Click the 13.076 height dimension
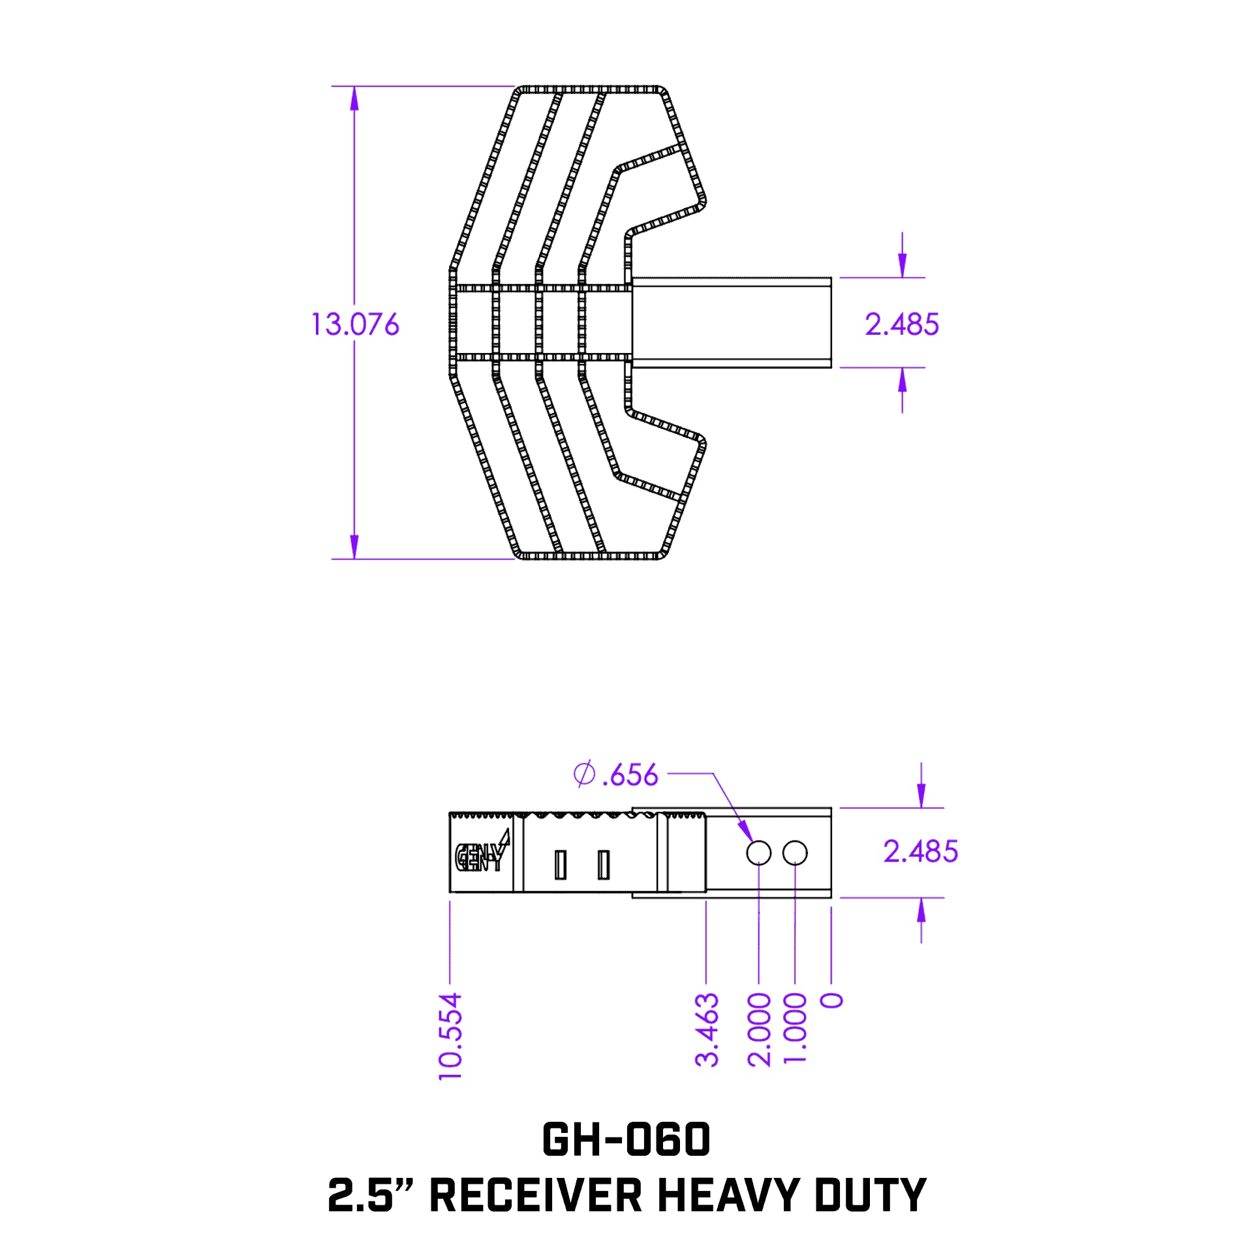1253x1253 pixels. click(x=355, y=324)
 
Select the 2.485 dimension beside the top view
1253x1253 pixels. click(x=901, y=324)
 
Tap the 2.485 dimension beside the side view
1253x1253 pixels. click(x=920, y=852)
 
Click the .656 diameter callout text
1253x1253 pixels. click(x=630, y=775)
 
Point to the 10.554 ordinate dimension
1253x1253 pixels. click(x=450, y=1036)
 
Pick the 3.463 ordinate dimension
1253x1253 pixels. click(x=707, y=1030)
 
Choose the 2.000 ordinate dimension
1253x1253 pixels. click(x=759, y=1030)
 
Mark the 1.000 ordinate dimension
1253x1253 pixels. click(x=795, y=1030)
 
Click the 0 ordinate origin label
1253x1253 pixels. click(x=831, y=1000)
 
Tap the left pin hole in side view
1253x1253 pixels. click(x=759, y=853)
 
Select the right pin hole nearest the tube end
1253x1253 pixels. click(x=795, y=853)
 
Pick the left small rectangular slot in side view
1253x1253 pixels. click(x=560, y=865)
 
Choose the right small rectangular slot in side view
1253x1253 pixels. click(x=604, y=865)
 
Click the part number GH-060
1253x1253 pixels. click(x=626, y=1139)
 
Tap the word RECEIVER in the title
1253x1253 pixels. click(x=536, y=1196)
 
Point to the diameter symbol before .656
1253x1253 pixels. click(x=584, y=774)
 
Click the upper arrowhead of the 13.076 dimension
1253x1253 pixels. click(x=354, y=98)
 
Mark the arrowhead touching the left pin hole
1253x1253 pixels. click(x=746, y=832)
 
